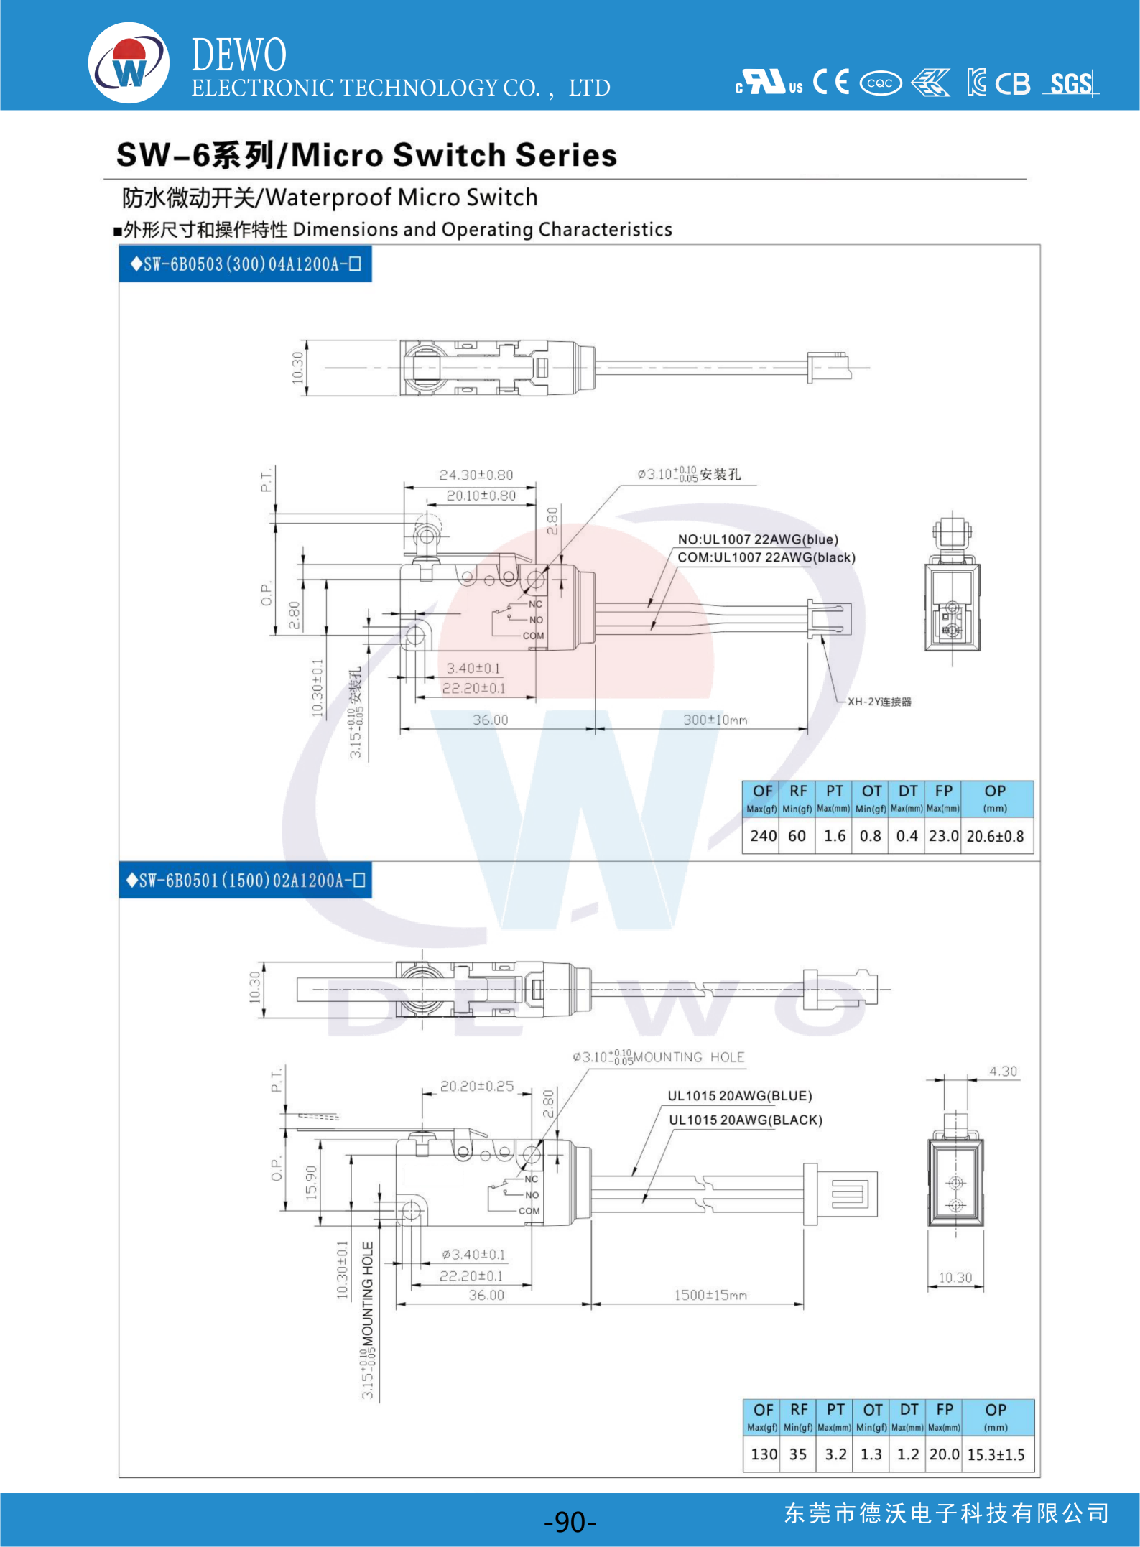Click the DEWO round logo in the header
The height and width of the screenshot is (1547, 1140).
[x=129, y=63]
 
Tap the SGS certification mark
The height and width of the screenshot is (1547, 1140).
[x=1070, y=84]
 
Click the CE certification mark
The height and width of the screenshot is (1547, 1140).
[x=831, y=83]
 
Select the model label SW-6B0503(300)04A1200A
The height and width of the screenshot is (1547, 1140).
[x=245, y=264]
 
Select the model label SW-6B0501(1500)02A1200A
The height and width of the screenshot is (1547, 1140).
[x=245, y=881]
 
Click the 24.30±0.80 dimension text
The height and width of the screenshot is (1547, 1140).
[x=476, y=475]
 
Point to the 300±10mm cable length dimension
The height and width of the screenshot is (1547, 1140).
[x=715, y=720]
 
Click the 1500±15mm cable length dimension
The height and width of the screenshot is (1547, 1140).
[x=710, y=1295]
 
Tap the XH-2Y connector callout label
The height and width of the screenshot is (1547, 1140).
[x=879, y=702]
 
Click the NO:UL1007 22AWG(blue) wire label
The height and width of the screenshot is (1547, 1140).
[x=758, y=539]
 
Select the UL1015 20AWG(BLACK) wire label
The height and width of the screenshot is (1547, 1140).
[x=746, y=1120]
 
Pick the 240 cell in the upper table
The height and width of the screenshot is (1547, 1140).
[x=762, y=836]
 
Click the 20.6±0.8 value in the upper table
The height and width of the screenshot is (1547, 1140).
[x=995, y=836]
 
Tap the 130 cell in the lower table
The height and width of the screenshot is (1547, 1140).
[x=764, y=1454]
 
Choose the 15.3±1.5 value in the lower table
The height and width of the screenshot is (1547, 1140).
[x=996, y=1454]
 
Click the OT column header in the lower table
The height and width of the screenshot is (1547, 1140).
[x=872, y=1411]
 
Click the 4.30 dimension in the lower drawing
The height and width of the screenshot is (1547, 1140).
[x=1003, y=1072]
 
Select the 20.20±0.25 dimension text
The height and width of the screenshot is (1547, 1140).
[x=477, y=1086]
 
